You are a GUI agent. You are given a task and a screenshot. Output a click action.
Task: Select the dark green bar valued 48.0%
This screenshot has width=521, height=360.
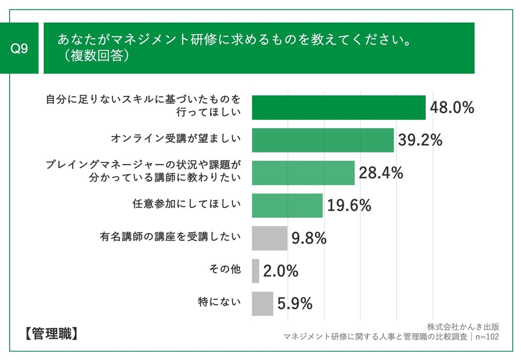338,107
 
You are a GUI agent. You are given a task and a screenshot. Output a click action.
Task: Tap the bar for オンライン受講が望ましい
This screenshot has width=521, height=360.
322,140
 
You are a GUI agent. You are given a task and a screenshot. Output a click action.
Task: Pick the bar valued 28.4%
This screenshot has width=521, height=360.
303,173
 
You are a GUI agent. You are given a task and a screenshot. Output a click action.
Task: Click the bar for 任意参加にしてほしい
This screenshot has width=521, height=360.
287,205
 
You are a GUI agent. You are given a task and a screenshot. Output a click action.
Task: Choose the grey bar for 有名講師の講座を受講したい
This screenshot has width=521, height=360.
269,238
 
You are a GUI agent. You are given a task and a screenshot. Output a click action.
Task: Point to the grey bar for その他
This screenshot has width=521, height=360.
255,271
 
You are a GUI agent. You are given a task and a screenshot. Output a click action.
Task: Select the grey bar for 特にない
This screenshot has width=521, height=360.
262,304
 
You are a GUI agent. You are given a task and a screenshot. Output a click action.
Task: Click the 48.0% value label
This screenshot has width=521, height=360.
451,108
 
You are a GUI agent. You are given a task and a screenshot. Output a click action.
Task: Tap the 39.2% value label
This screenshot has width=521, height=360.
420,140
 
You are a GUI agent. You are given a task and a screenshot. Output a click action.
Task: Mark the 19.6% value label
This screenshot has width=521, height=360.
349,205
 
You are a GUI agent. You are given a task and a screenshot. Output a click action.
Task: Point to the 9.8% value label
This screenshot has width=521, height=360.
309,238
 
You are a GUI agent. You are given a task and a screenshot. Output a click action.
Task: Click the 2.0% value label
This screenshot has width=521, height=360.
280,271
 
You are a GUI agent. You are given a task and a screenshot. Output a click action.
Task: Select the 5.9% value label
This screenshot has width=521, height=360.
295,304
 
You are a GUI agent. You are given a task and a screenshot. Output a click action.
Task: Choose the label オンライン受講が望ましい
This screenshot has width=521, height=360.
176,138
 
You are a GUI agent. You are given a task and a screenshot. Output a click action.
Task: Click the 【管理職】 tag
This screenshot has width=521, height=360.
49,334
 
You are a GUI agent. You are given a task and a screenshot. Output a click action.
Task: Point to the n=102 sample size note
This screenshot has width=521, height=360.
487,337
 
